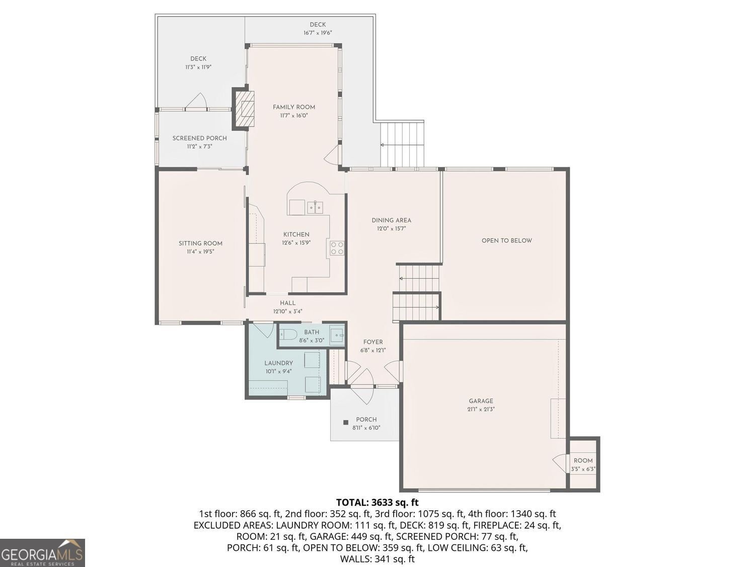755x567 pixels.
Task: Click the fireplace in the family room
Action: point(244,109)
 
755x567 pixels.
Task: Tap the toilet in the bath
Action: point(288,334)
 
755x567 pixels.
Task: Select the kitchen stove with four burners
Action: point(337,248)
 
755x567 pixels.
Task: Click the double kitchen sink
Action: point(315,208)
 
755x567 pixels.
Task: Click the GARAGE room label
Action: point(481,401)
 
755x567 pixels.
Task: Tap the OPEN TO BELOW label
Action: point(507,240)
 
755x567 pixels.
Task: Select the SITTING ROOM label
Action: point(200,243)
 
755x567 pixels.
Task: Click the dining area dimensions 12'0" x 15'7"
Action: point(392,229)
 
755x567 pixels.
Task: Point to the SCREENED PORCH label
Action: point(199,138)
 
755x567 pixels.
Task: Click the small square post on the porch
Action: point(346,422)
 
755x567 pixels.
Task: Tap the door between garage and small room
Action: point(560,463)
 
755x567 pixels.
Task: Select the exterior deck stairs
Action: point(402,145)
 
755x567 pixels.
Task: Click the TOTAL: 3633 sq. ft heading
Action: point(377,502)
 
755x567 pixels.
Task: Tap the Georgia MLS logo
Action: point(42,553)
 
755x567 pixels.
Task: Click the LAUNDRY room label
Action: point(279,363)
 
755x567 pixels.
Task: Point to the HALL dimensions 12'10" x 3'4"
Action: point(287,311)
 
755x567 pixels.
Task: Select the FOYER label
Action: point(373,342)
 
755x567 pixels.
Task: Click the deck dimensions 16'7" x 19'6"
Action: point(318,33)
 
